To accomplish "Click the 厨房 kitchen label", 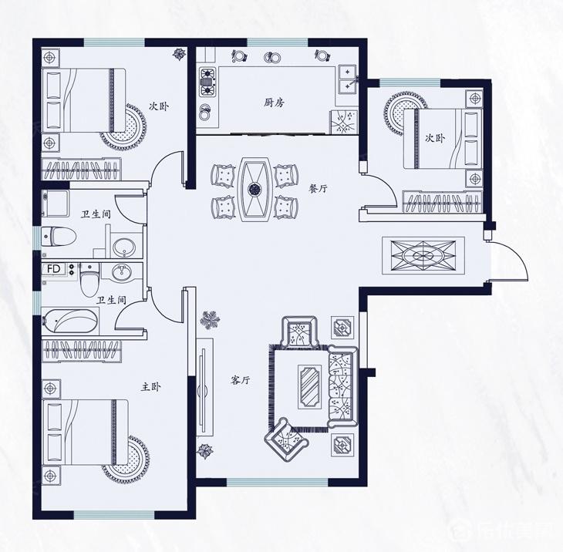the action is (274, 103).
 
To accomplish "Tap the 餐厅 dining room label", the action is (319, 188).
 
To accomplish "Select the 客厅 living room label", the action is (240, 380).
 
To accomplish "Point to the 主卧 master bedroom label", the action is (150, 386).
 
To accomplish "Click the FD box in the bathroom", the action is (54, 269).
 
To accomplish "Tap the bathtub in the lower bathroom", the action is (70, 321).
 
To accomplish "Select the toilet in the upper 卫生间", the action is (59, 237).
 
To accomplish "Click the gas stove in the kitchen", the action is (207, 82).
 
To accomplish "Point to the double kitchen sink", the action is (348, 79).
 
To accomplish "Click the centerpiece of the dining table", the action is (255, 188).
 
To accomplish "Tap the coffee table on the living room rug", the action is (309, 386).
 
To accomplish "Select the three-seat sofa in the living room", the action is (342, 386).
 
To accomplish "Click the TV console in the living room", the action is (204, 387).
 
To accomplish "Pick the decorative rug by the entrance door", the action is (423, 255).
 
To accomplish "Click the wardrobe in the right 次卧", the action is (442, 202).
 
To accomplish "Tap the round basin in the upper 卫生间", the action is (124, 247).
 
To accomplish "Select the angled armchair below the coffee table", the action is (287, 439).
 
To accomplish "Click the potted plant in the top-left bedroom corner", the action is (179, 53).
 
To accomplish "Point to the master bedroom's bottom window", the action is (114, 514).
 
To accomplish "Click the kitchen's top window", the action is (278, 42).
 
